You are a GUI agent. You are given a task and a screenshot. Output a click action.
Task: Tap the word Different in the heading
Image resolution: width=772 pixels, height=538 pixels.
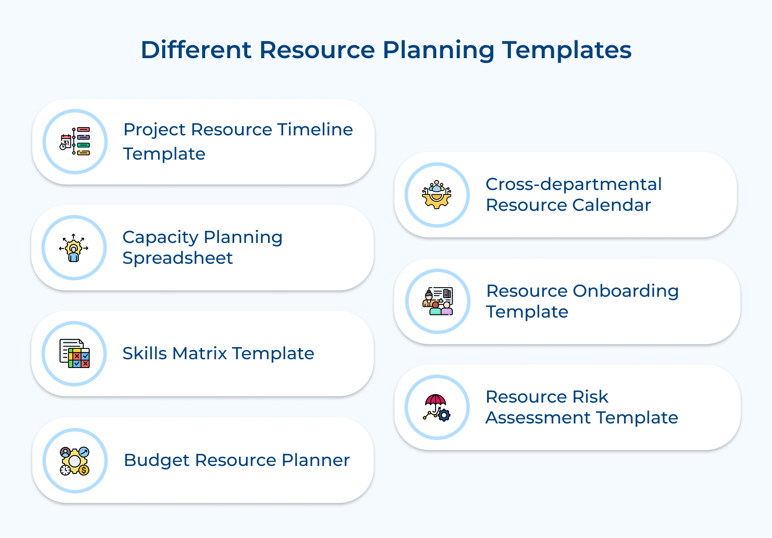(196, 49)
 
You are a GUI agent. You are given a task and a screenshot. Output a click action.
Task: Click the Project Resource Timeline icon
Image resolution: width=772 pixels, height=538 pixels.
(75, 141)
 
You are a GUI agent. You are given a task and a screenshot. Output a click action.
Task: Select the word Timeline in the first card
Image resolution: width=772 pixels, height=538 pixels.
(315, 129)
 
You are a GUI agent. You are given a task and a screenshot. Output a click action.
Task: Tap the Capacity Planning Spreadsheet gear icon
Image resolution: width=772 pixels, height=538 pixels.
(74, 248)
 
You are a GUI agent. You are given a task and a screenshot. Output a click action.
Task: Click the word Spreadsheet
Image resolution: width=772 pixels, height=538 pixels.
(177, 258)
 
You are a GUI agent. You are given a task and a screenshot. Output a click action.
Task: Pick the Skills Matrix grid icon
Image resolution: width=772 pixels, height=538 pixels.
(75, 354)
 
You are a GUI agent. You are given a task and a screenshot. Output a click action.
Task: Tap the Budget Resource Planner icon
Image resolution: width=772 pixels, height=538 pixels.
(75, 460)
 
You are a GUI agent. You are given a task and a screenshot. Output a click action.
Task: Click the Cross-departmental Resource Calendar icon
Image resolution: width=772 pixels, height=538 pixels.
(437, 195)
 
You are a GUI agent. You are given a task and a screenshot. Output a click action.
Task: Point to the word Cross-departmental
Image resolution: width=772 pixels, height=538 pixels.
(573, 184)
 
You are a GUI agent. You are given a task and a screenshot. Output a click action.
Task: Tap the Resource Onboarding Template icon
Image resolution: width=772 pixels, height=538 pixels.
(438, 301)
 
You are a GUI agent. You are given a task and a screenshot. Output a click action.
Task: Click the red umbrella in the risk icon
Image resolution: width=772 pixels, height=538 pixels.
(435, 400)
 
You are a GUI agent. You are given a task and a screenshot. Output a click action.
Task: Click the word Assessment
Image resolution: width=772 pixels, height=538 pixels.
(537, 418)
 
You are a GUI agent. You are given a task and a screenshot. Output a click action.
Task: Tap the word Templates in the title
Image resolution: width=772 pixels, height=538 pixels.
(566, 49)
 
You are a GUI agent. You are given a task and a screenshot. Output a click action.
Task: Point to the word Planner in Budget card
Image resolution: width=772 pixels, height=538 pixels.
(315, 460)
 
